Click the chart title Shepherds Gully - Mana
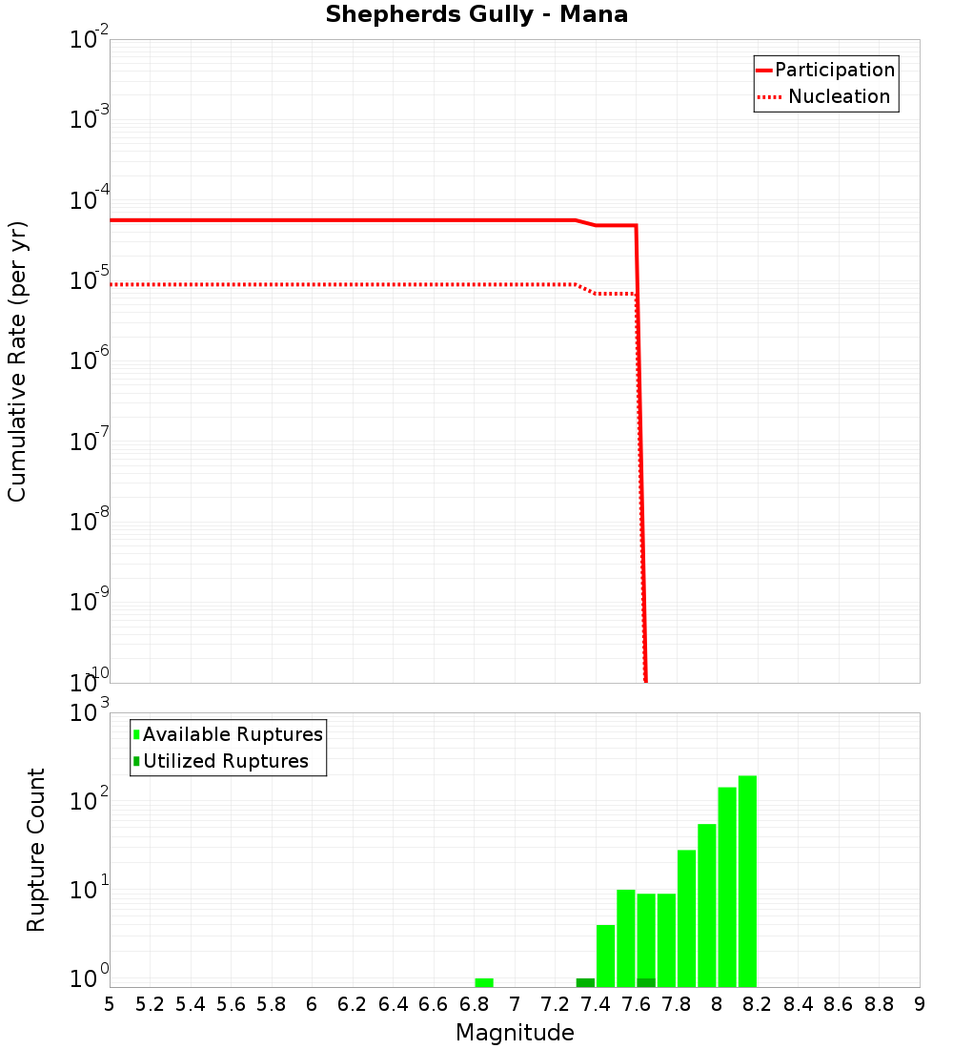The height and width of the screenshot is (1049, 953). (x=476, y=15)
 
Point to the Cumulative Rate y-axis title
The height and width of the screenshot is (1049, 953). (x=17, y=360)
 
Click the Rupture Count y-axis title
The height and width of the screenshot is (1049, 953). (x=36, y=849)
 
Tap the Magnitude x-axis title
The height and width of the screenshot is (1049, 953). (x=515, y=1033)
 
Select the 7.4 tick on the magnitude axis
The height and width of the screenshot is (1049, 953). (x=596, y=1004)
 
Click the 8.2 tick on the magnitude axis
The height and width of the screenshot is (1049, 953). (x=758, y=1004)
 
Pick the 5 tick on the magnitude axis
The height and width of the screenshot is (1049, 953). (x=110, y=1004)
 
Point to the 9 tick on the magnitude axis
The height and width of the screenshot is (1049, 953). (x=920, y=1004)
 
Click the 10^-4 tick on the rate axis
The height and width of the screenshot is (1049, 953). (x=90, y=202)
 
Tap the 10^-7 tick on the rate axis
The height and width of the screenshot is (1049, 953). (x=90, y=443)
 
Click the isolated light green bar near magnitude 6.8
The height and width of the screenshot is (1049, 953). (x=484, y=982)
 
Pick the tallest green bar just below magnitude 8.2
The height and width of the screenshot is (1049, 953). (x=747, y=881)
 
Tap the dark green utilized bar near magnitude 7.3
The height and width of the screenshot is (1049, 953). (x=585, y=982)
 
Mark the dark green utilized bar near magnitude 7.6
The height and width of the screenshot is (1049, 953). (x=646, y=982)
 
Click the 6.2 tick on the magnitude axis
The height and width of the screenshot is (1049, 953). (x=353, y=1004)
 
